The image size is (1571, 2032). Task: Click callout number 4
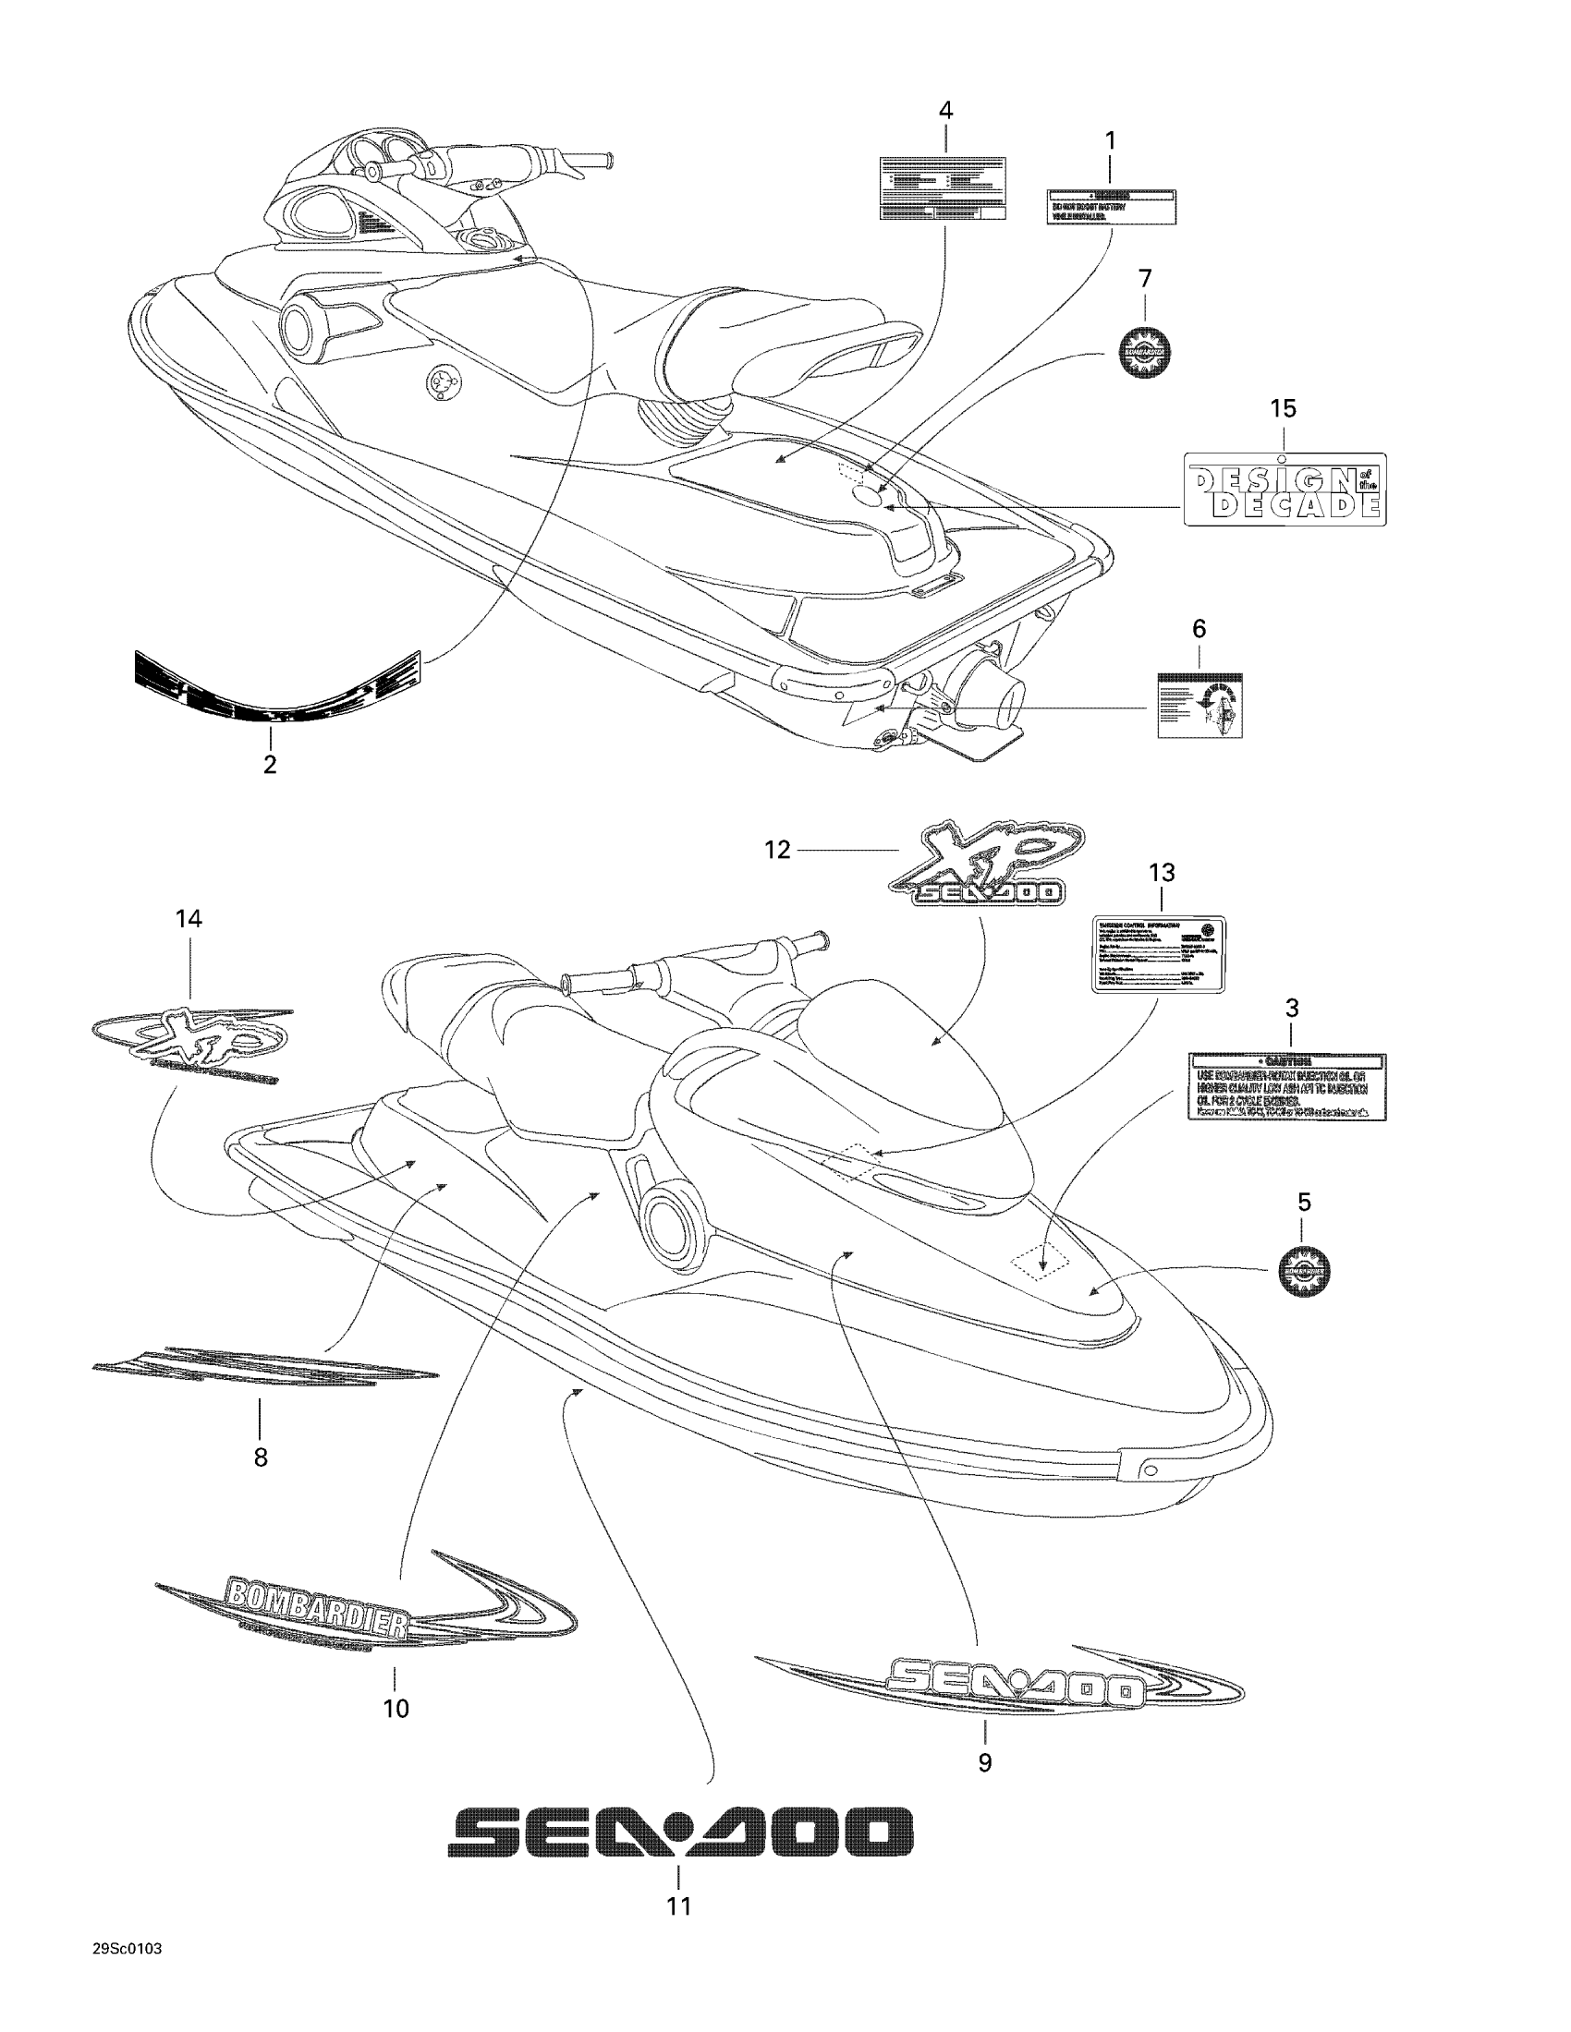point(945,110)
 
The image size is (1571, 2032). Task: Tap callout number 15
point(1283,408)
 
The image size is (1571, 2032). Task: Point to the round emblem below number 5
point(1304,1271)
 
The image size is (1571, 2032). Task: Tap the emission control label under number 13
point(1158,954)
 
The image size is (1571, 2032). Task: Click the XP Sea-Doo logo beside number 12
point(984,865)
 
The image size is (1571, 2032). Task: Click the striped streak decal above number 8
point(265,1368)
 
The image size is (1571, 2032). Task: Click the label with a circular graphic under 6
point(1200,706)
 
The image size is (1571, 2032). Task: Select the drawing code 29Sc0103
point(128,1949)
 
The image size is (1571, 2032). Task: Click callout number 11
point(678,1905)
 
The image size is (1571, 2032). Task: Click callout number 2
point(270,765)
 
